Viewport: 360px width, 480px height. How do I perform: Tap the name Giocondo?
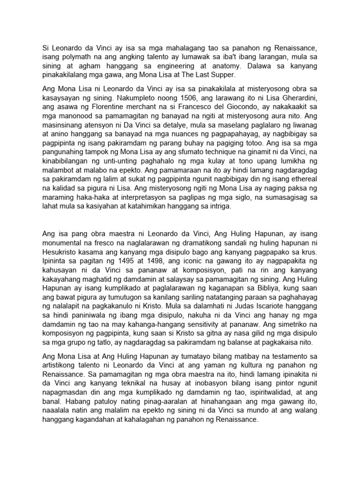point(244,107)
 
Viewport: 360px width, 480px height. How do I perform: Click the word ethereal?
point(302,187)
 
